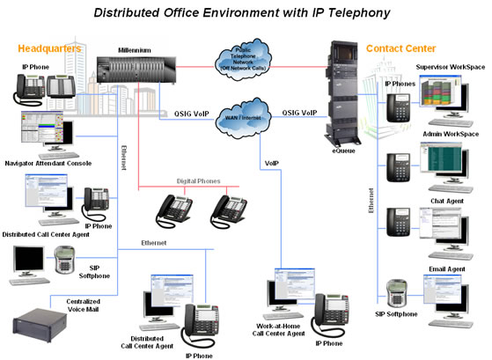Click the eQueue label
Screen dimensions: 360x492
[345, 151]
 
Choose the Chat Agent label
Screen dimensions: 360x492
[448, 202]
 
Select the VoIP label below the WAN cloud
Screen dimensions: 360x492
[272, 165]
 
